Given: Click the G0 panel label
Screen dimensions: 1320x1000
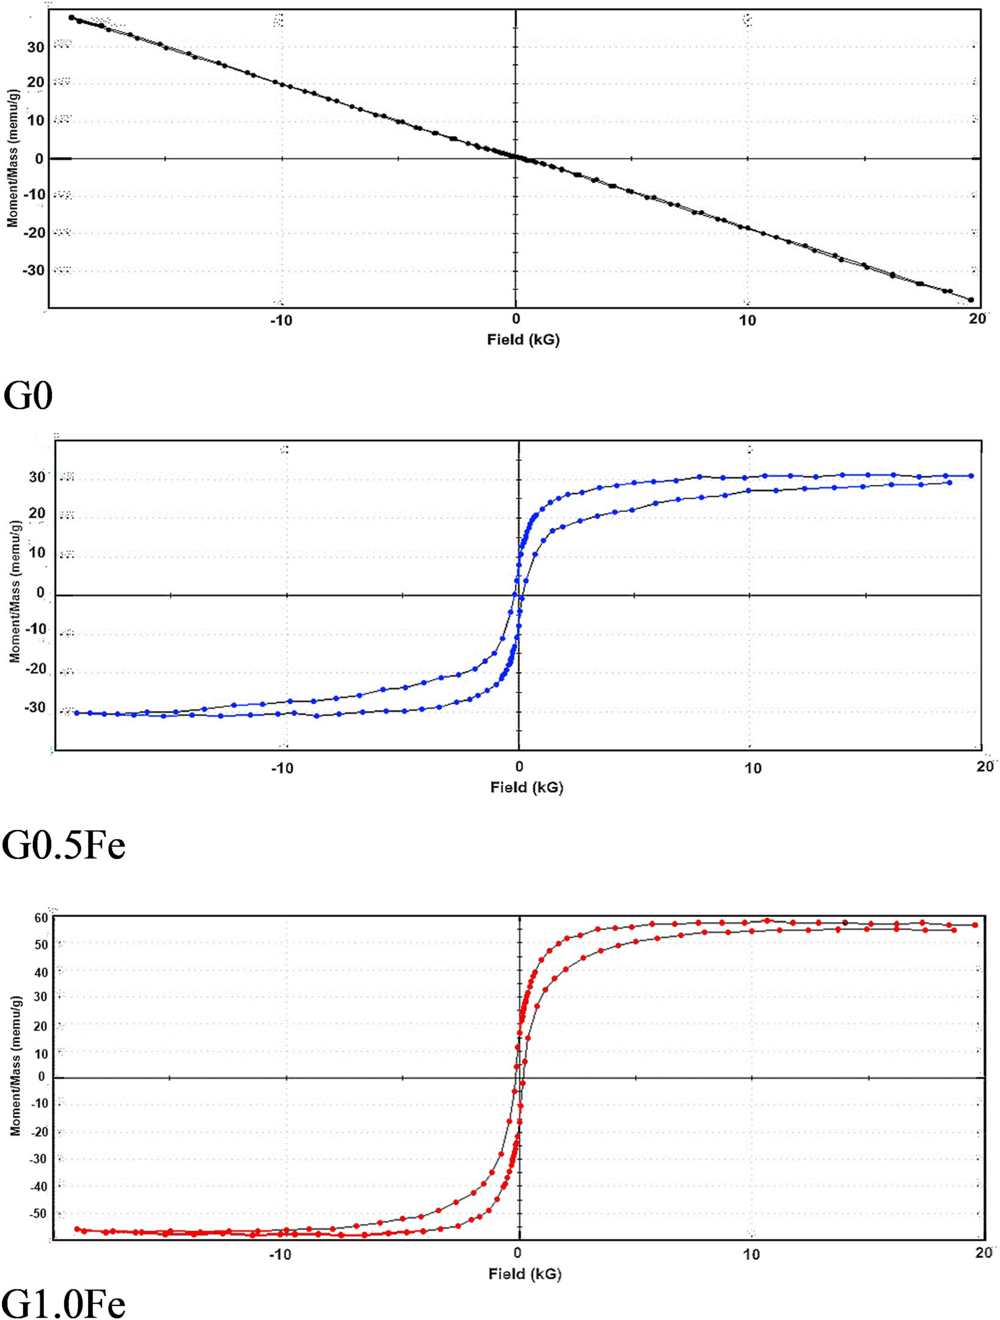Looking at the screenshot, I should pyautogui.click(x=28, y=395).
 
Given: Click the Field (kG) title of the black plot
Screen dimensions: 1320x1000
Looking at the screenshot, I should pyautogui.click(x=523, y=340).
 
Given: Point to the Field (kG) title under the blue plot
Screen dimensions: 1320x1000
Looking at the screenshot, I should pyautogui.click(x=527, y=787).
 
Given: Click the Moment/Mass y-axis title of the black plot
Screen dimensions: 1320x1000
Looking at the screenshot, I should pyautogui.click(x=13, y=159).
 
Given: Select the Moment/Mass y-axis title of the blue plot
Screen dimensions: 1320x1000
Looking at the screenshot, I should pyautogui.click(x=15, y=591).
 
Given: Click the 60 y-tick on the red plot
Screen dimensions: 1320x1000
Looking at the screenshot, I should pyautogui.click(x=41, y=918).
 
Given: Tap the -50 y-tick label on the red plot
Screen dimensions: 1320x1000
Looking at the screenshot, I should pyautogui.click(x=37, y=1213).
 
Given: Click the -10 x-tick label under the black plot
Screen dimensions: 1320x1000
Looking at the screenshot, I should pyautogui.click(x=281, y=320).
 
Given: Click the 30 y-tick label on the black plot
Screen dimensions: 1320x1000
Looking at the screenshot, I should pyautogui.click(x=36, y=47).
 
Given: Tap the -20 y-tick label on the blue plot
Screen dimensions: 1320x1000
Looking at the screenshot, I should pyautogui.click(x=37, y=669).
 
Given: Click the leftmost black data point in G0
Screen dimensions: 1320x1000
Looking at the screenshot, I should pyautogui.click(x=72, y=18).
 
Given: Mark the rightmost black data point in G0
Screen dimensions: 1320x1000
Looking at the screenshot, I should pyautogui.click(x=971, y=300).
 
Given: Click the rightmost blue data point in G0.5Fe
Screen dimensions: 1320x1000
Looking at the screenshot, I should pyautogui.click(x=971, y=476).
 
